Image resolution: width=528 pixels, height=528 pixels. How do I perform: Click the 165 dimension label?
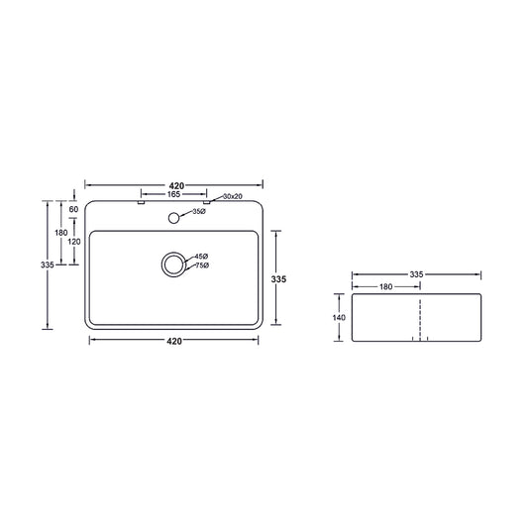(173, 194)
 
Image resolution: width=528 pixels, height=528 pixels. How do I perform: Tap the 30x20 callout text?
(233, 197)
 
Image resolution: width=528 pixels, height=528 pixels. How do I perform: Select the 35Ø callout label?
(199, 211)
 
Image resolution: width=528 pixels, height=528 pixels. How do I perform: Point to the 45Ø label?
(201, 257)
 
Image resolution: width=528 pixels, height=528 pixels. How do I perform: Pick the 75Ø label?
(202, 265)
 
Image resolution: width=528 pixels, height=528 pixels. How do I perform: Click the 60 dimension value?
(73, 209)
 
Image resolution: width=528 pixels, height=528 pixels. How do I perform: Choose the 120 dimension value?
(74, 242)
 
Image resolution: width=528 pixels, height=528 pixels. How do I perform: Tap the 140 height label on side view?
(339, 318)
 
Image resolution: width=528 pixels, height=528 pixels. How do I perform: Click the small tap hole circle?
(173, 218)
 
